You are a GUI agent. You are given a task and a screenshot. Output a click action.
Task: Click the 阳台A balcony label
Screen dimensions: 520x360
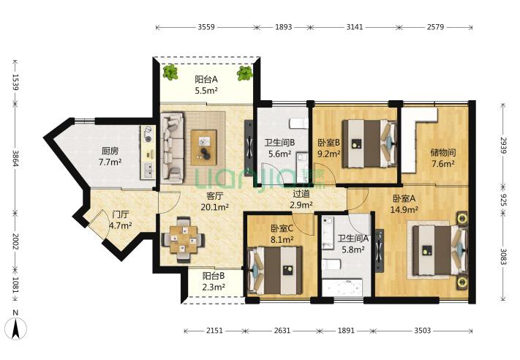tap(206, 79)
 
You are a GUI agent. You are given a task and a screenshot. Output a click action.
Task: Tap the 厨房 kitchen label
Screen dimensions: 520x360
tap(110, 151)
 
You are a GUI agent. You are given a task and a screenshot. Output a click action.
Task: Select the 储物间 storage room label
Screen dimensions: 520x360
tap(442, 153)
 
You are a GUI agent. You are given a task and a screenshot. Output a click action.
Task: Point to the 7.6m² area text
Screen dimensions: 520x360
tap(442, 164)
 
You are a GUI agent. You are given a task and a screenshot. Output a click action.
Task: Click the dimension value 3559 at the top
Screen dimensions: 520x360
tap(206, 27)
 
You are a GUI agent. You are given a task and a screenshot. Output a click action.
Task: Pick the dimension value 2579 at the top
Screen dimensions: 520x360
tap(435, 27)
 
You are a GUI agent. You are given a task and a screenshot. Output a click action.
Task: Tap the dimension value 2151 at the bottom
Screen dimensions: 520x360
tap(214, 331)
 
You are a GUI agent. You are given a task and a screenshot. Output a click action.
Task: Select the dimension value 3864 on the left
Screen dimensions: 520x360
tap(15, 159)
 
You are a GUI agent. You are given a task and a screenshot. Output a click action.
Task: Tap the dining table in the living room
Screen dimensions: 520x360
tap(184, 239)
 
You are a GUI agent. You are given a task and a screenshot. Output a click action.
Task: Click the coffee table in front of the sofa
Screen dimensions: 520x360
tap(203, 147)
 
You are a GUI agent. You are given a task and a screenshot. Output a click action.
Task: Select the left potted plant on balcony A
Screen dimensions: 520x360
tap(170, 72)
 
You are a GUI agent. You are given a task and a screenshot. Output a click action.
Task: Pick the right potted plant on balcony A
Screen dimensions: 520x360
tap(245, 73)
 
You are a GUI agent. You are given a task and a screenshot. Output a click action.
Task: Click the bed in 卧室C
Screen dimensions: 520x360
tap(275, 271)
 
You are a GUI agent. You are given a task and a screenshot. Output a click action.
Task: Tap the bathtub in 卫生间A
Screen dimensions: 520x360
tap(342, 287)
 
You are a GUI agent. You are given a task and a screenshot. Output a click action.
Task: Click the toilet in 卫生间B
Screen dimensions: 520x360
tap(299, 123)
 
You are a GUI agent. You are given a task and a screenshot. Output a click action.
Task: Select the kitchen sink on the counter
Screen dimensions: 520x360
tap(148, 171)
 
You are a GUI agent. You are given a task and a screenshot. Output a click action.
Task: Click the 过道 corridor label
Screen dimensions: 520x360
tap(301, 193)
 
